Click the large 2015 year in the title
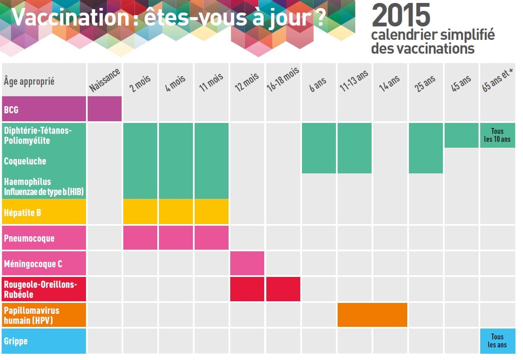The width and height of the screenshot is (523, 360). (x=401, y=16)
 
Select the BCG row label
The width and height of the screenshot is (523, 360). (x=11, y=110)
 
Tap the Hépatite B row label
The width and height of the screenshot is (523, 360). (x=23, y=212)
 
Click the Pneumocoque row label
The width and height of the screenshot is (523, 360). (x=29, y=238)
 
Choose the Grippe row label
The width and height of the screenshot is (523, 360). (x=16, y=341)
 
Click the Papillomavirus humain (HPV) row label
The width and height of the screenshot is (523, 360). (x=31, y=315)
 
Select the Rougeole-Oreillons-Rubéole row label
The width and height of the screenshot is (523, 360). (x=40, y=289)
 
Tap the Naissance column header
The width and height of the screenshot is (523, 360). (x=105, y=80)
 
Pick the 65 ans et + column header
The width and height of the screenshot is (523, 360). (x=498, y=80)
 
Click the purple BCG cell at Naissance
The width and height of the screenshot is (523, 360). (x=104, y=109)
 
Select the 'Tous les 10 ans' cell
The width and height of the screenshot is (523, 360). (x=497, y=135)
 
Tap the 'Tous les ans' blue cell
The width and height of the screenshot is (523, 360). (x=497, y=341)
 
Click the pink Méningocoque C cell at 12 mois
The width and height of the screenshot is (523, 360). (x=247, y=263)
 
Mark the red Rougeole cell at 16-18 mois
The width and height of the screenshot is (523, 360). (x=283, y=289)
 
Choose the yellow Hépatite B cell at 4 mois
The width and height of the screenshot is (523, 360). (x=176, y=211)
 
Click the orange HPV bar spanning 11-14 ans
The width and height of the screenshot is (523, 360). (x=372, y=315)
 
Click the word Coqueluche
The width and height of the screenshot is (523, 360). (x=25, y=161)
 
